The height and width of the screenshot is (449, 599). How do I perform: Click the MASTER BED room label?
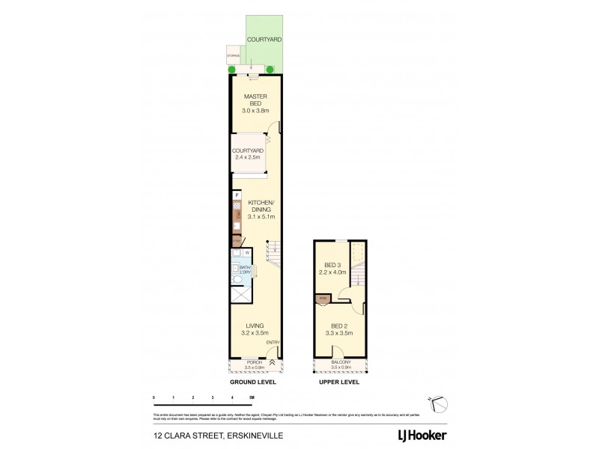pos(255,103)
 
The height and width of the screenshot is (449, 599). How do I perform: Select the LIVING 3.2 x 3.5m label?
pos(255,329)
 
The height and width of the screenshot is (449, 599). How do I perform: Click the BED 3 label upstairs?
pos(332,268)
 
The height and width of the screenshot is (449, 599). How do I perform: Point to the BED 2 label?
pos(339,329)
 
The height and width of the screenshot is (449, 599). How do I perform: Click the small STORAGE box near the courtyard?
pos(233,56)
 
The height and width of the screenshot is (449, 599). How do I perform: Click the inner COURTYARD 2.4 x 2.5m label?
pos(246,153)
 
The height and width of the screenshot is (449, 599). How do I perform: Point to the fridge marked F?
pos(237,195)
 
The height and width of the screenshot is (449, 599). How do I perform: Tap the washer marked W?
pos(246,253)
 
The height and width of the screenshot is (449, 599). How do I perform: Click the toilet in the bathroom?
pos(237,279)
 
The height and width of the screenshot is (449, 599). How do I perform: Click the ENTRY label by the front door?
pos(273,343)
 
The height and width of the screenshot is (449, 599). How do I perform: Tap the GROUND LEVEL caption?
pos(253,382)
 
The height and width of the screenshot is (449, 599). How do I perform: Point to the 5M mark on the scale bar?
pos(252,397)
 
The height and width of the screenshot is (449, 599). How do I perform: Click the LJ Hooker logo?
pos(422,434)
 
